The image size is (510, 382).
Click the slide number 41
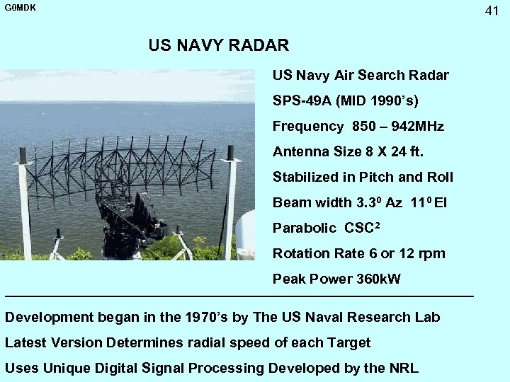point(492,10)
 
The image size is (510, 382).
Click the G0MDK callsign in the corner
point(20,8)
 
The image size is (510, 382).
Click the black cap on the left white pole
point(23,155)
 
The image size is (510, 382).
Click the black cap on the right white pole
point(230,152)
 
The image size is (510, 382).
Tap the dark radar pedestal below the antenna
point(131,226)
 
